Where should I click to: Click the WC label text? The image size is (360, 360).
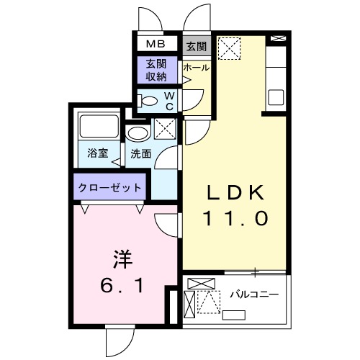tap(168, 100)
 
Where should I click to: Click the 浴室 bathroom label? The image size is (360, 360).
tap(97, 153)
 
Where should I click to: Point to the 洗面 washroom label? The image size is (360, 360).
tap(140, 153)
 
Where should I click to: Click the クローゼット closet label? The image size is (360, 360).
tap(109, 187)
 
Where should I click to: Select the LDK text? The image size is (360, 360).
tap(238, 192)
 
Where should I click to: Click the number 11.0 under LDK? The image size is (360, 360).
tap(238, 217)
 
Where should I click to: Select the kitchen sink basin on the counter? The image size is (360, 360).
tap(275, 96)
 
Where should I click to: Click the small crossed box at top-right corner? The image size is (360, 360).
tap(276, 38)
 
